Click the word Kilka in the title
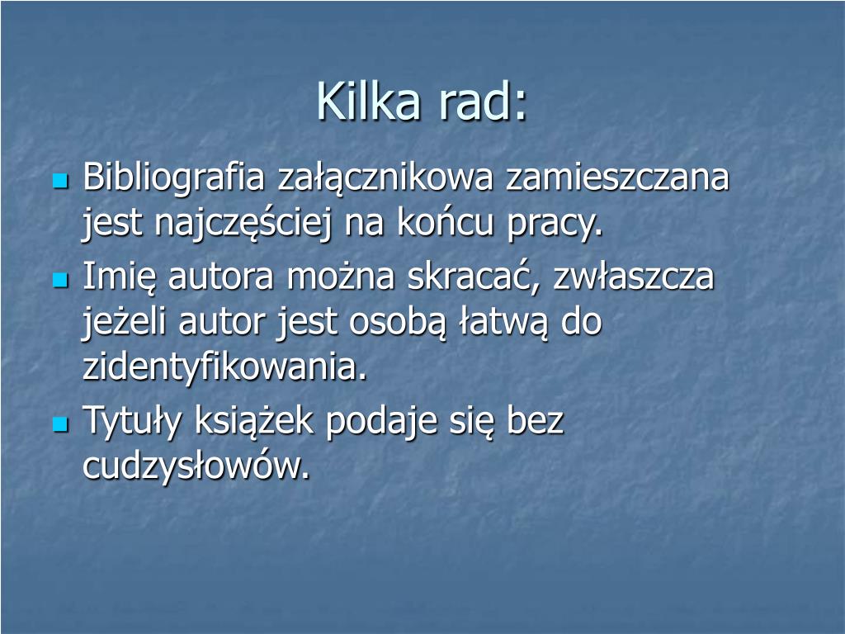coord(368,101)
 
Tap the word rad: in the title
coord(482,101)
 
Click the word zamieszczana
coord(617,177)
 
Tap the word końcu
coord(445,221)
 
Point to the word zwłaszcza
coord(634,276)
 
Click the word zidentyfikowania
coord(224,367)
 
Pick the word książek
coord(254,420)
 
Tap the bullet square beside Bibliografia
coord(61,181)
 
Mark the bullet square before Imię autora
coord(61,280)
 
